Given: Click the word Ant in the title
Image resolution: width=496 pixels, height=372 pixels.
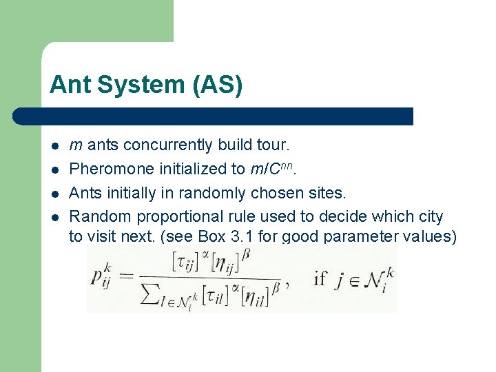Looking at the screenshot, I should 71,85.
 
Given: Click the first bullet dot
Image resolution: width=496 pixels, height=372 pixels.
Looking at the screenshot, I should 54,146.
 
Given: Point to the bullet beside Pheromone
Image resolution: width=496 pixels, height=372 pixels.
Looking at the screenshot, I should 54,169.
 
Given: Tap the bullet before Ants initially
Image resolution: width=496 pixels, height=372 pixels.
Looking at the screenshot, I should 54,193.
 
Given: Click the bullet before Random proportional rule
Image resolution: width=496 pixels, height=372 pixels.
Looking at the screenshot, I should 54,216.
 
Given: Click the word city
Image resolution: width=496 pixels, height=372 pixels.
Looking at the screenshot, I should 431,216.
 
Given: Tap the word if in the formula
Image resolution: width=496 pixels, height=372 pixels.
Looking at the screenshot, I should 321,278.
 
